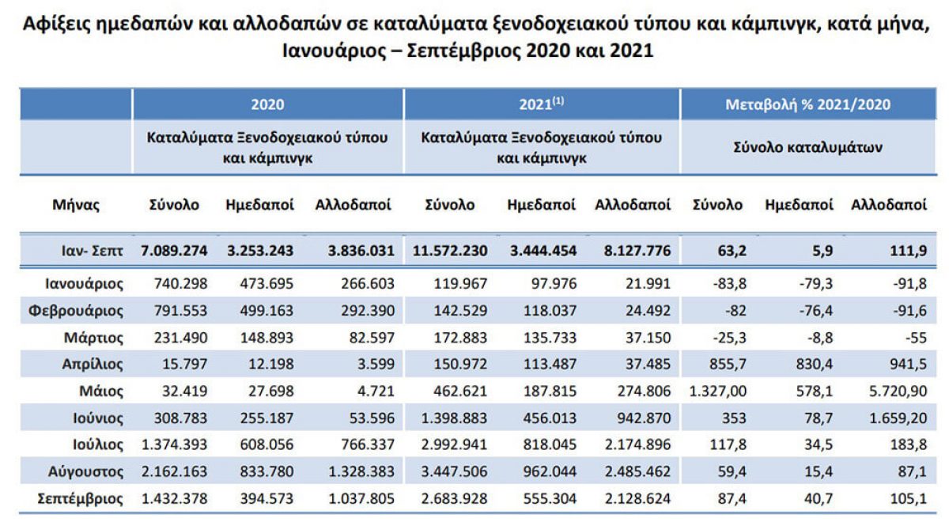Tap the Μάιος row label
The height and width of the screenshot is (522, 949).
click(x=101, y=391)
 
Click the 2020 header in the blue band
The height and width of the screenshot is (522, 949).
click(x=267, y=104)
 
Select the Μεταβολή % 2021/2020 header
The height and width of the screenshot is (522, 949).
click(x=815, y=104)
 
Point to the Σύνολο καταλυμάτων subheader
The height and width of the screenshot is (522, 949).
click(x=815, y=146)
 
